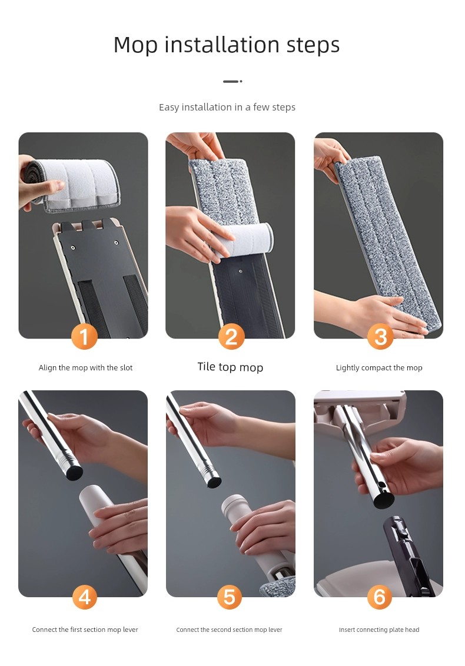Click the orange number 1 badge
coord(84,336)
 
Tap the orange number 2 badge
coord(231,336)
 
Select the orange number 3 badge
coord(380,336)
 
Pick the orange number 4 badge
coord(84,597)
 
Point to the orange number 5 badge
coord(230,597)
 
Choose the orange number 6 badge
coord(379,597)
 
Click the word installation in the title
coord(222,45)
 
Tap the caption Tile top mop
coord(230,367)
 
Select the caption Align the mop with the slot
coord(85,368)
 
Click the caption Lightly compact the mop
coord(379,368)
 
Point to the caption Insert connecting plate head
coord(379,630)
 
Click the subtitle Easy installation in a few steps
coord(227,107)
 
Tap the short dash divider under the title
coord(232,81)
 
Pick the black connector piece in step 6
coord(406,554)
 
